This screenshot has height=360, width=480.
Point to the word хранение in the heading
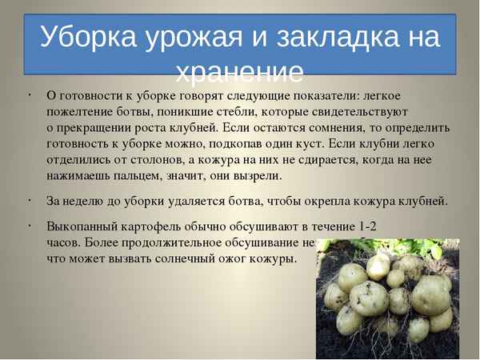[x=240, y=74]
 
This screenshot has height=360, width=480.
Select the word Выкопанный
[x=82, y=226]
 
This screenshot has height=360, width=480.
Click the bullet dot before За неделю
[x=28, y=198]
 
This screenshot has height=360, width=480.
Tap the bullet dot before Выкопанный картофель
[x=28, y=223]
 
